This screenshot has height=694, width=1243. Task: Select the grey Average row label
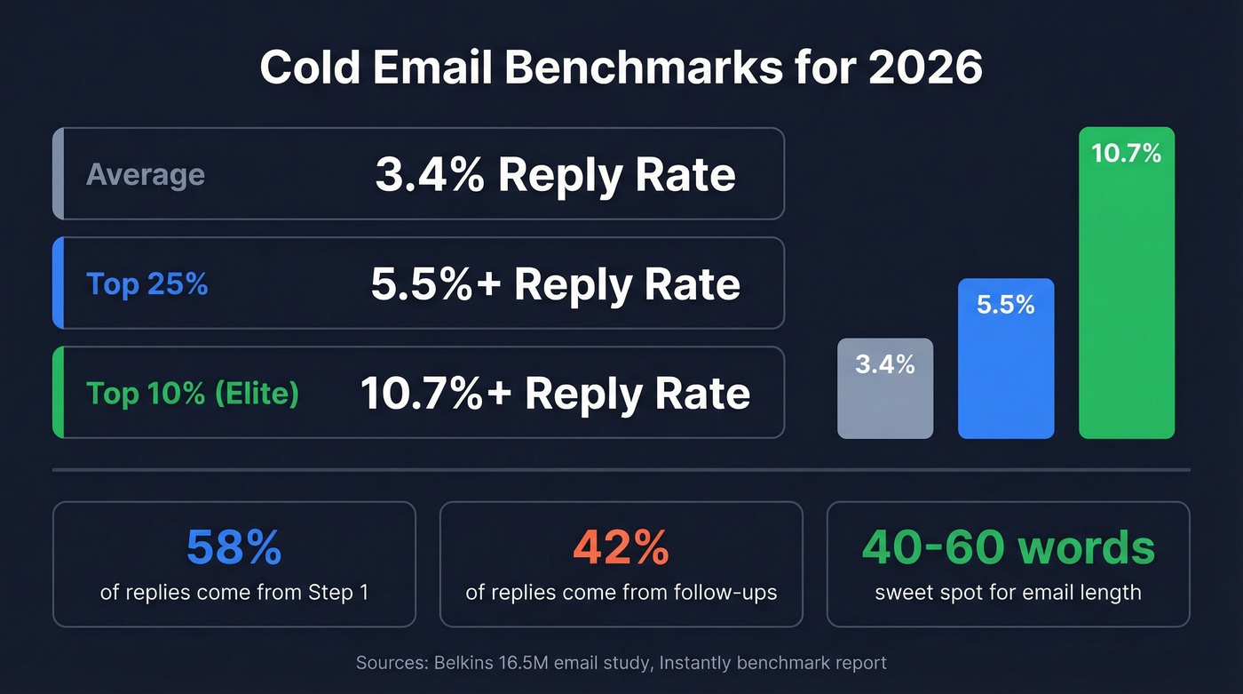point(146,174)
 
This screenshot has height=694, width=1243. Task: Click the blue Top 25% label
point(146,284)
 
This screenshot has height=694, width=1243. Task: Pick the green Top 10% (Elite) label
point(192,393)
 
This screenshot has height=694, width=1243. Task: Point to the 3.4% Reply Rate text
point(555,175)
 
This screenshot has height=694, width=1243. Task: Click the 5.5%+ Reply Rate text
point(555,284)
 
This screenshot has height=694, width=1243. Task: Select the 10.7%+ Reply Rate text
point(555,394)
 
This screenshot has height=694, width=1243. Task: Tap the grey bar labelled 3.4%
point(885,400)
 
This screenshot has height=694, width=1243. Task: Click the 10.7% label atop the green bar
point(1126,154)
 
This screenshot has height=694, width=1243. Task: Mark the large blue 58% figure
point(234,548)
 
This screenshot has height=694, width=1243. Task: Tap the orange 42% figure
point(621,548)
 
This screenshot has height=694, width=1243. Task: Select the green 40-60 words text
point(1008,548)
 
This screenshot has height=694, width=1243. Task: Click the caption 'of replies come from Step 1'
point(234,592)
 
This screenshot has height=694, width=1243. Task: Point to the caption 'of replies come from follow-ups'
point(621,592)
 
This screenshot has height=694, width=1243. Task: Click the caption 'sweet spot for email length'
point(1008,592)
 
